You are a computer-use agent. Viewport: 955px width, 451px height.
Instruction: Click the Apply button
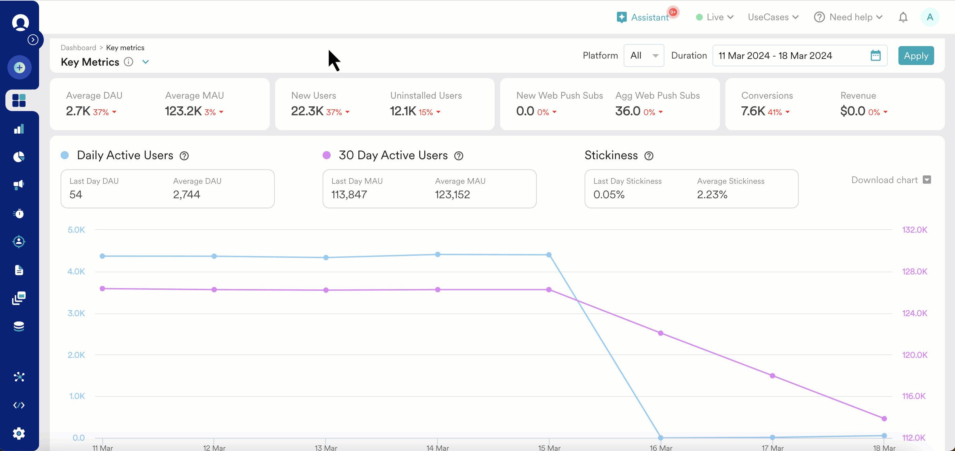(916, 56)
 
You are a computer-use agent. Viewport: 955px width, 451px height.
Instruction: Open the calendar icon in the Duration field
(875, 56)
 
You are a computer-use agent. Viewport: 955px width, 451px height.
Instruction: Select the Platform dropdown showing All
(644, 56)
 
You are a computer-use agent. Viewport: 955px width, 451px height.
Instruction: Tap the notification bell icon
(903, 18)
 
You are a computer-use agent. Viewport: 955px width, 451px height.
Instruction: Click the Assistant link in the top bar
(649, 18)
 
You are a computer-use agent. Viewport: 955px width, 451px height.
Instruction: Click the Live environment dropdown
(715, 18)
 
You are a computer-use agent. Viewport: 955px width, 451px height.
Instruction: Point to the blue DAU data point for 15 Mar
(549, 255)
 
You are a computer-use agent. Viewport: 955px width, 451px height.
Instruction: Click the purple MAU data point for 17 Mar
(772, 376)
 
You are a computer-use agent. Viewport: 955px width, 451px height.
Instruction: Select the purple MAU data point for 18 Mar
(884, 419)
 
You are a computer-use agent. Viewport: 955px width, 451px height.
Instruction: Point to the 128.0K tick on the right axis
(915, 272)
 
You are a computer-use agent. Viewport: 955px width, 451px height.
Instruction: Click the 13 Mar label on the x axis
(326, 448)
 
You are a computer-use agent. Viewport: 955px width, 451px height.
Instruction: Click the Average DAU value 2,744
(187, 195)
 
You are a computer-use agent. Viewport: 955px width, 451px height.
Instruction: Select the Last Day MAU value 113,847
(349, 195)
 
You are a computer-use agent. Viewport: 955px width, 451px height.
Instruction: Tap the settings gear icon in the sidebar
(19, 433)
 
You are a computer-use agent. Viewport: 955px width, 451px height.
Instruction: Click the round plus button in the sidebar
(19, 67)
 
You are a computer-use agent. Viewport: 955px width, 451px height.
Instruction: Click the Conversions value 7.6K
(753, 111)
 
